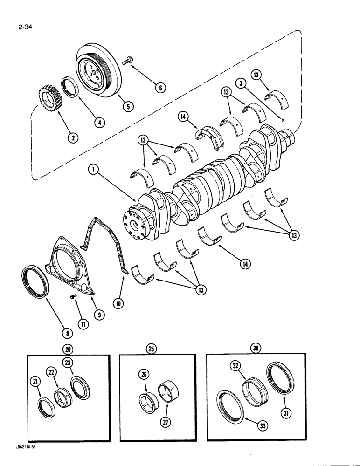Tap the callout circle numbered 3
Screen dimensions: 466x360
pos(240,83)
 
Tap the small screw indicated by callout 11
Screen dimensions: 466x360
pos(73,295)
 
